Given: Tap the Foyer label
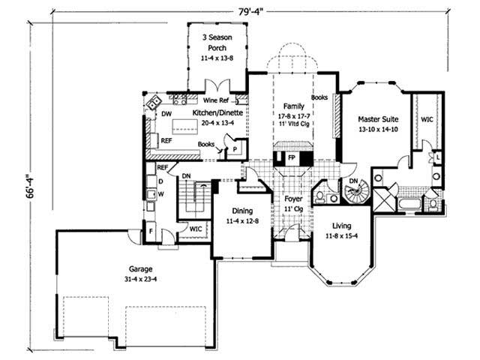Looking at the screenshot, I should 292,199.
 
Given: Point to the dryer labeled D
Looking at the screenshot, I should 160,181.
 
